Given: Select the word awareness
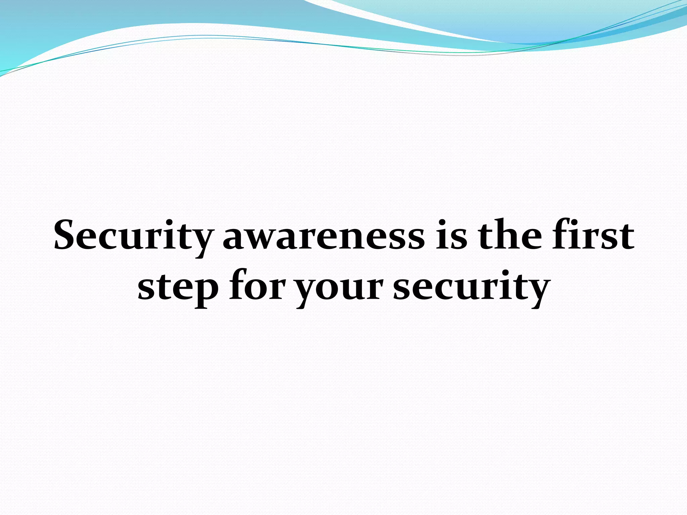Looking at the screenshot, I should (324, 236).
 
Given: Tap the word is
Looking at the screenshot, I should (452, 235).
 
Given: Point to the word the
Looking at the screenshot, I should (510, 235).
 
